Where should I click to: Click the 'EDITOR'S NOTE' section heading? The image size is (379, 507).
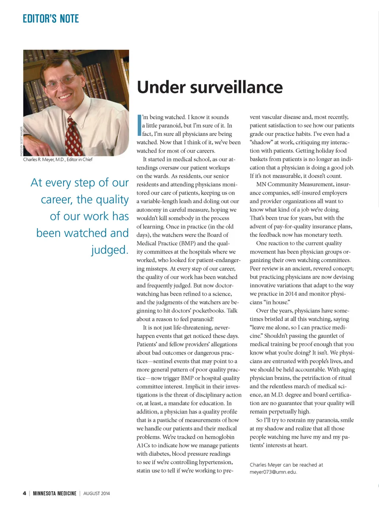tap(51, 19)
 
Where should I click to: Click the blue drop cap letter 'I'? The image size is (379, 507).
tap(139, 125)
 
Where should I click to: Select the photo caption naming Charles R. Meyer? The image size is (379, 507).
tap(58, 160)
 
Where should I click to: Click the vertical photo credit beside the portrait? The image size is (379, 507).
tap(21, 141)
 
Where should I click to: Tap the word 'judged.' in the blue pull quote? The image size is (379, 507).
tap(110, 250)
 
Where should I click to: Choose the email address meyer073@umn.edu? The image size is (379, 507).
tap(273, 472)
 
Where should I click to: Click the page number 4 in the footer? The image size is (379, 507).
tap(24, 493)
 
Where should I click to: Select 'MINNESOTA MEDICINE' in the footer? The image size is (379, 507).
tap(54, 493)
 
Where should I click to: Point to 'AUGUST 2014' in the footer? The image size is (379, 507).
tap(97, 493)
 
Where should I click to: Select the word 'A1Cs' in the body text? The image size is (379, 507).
tap(144, 445)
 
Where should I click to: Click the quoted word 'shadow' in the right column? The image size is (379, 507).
tap(262, 142)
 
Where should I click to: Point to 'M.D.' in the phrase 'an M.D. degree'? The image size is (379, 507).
tap(279, 394)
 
